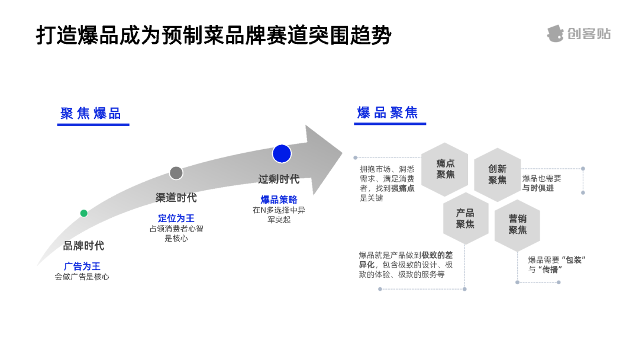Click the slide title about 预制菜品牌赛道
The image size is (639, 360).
pyautogui.click(x=214, y=35)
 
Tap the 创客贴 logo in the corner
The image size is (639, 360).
pyautogui.click(x=578, y=34)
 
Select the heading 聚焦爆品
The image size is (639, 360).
pyautogui.click(x=91, y=114)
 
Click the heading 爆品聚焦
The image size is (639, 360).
pyautogui.click(x=388, y=113)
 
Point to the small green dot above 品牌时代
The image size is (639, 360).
pyautogui.click(x=84, y=213)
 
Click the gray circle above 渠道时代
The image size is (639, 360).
pyautogui.click(x=176, y=173)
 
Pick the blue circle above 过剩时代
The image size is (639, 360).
pyautogui.click(x=282, y=153)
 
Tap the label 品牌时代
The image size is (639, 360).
pyautogui.click(x=83, y=246)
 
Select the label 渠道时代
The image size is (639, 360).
pyautogui.click(x=176, y=198)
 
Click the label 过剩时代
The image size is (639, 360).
pyautogui.click(x=279, y=179)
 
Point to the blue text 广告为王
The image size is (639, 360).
pyautogui.click(x=82, y=266)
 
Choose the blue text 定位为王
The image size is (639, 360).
pyautogui.click(x=176, y=218)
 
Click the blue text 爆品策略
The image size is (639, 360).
pyautogui.click(x=279, y=200)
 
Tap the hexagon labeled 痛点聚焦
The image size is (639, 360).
pyautogui.click(x=445, y=169)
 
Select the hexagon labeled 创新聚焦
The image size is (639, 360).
pyautogui.click(x=497, y=174)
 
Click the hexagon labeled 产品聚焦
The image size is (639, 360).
pyautogui.click(x=466, y=218)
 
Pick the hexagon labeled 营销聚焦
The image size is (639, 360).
pyautogui.click(x=517, y=224)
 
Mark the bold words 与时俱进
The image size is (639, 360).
pyautogui.click(x=538, y=188)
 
